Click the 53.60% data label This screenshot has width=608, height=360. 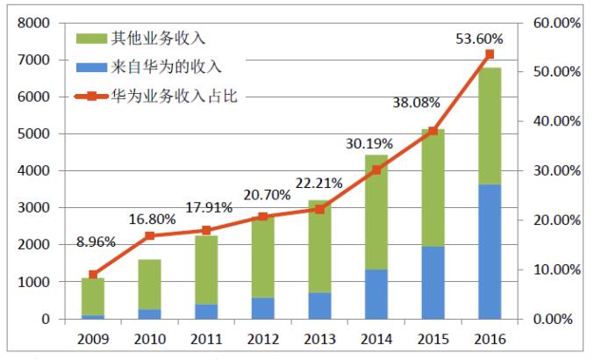point(479,39)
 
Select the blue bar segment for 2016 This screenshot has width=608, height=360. point(490,251)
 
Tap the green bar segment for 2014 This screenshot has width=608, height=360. point(375,212)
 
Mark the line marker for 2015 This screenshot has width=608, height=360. point(433,131)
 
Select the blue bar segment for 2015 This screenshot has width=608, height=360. point(433,283)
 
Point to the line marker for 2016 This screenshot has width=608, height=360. point(490,54)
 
